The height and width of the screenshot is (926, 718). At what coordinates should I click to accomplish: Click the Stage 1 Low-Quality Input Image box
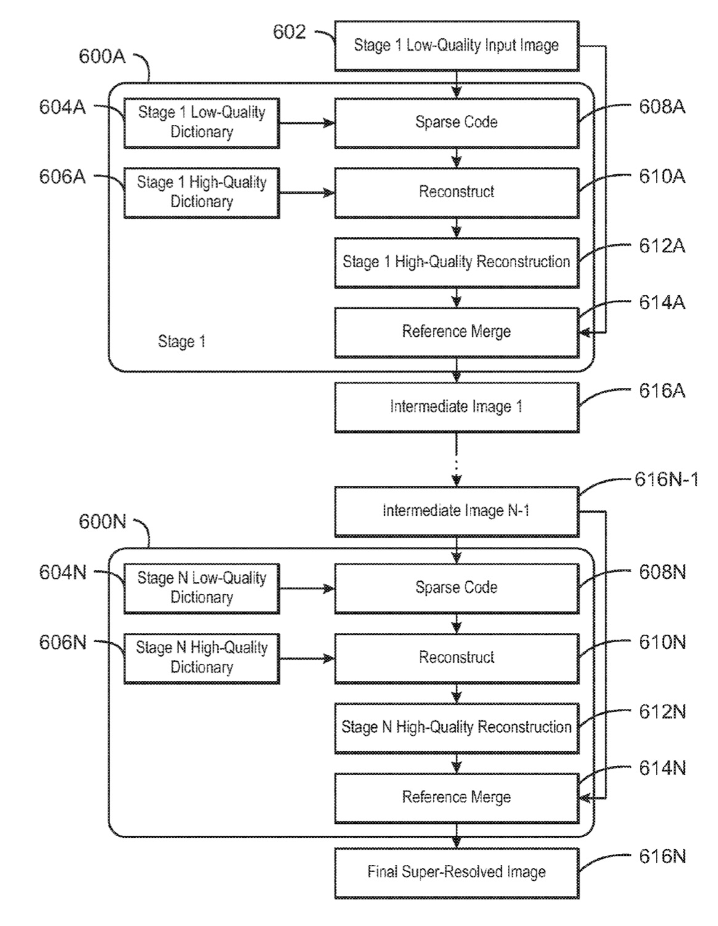[456, 46]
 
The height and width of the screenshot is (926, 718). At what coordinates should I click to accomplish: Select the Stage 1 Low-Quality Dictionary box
[201, 123]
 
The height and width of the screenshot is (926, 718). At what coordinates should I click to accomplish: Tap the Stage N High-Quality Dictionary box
[201, 658]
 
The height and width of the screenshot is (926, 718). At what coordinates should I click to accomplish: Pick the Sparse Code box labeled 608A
[456, 123]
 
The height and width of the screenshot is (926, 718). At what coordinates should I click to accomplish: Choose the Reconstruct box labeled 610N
[456, 658]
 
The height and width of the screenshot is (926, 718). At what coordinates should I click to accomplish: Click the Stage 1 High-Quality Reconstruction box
[456, 262]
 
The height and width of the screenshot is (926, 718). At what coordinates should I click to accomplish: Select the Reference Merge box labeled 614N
[456, 798]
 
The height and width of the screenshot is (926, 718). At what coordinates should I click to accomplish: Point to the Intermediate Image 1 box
[456, 407]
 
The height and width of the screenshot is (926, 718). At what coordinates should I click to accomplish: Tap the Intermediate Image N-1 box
[456, 512]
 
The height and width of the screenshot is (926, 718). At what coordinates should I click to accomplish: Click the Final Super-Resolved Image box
[456, 872]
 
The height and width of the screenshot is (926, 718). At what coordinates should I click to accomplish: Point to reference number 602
[289, 32]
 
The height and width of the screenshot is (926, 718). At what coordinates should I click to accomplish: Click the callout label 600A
[102, 56]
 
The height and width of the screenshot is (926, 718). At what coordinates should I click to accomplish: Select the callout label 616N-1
[666, 480]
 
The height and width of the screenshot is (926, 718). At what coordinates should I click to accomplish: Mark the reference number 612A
[662, 246]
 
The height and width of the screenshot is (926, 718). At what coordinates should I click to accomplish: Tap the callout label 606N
[63, 642]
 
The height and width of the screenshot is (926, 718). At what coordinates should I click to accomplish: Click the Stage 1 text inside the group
[182, 341]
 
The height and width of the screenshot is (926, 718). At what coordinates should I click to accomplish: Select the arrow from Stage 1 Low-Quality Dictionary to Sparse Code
[307, 123]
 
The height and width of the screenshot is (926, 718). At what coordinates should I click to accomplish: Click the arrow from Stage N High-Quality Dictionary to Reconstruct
[307, 659]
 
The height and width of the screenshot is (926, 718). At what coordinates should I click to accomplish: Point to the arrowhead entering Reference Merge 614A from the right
[584, 332]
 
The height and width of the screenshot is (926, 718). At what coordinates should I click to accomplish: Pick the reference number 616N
[662, 856]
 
